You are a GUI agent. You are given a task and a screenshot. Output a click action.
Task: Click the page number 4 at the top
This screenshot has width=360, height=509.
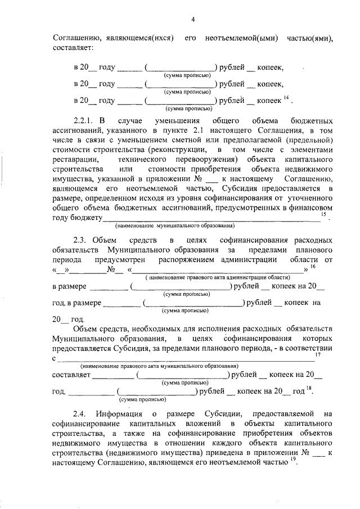coord(192,20)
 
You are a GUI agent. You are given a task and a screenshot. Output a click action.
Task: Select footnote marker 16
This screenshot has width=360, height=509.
coord(313,267)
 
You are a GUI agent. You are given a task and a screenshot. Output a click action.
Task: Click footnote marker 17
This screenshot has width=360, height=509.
coord(317,355)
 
